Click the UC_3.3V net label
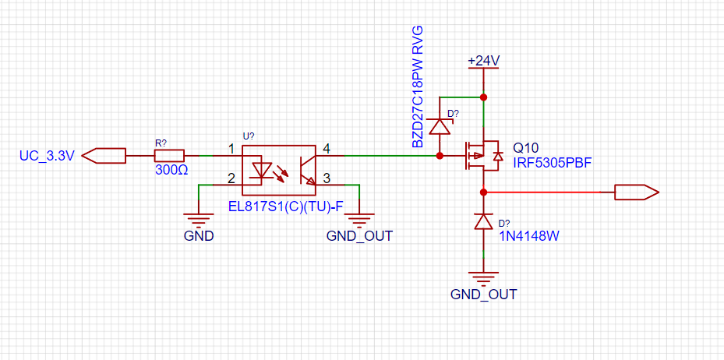point(47,156)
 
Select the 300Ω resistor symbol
point(169,156)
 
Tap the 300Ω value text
point(171,169)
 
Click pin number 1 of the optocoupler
point(231,149)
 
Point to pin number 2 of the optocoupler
point(231,177)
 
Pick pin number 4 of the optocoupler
point(326,149)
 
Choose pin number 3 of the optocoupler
point(326,178)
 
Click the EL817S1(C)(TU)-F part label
point(286,206)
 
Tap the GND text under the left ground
point(199,236)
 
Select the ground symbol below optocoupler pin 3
point(360,218)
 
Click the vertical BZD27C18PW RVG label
point(418,86)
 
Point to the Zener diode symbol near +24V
point(440,125)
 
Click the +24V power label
point(483,61)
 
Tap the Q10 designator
point(525,148)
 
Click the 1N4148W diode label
point(528,237)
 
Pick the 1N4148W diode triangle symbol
point(483,222)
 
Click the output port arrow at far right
point(636,192)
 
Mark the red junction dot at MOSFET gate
point(440,156)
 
